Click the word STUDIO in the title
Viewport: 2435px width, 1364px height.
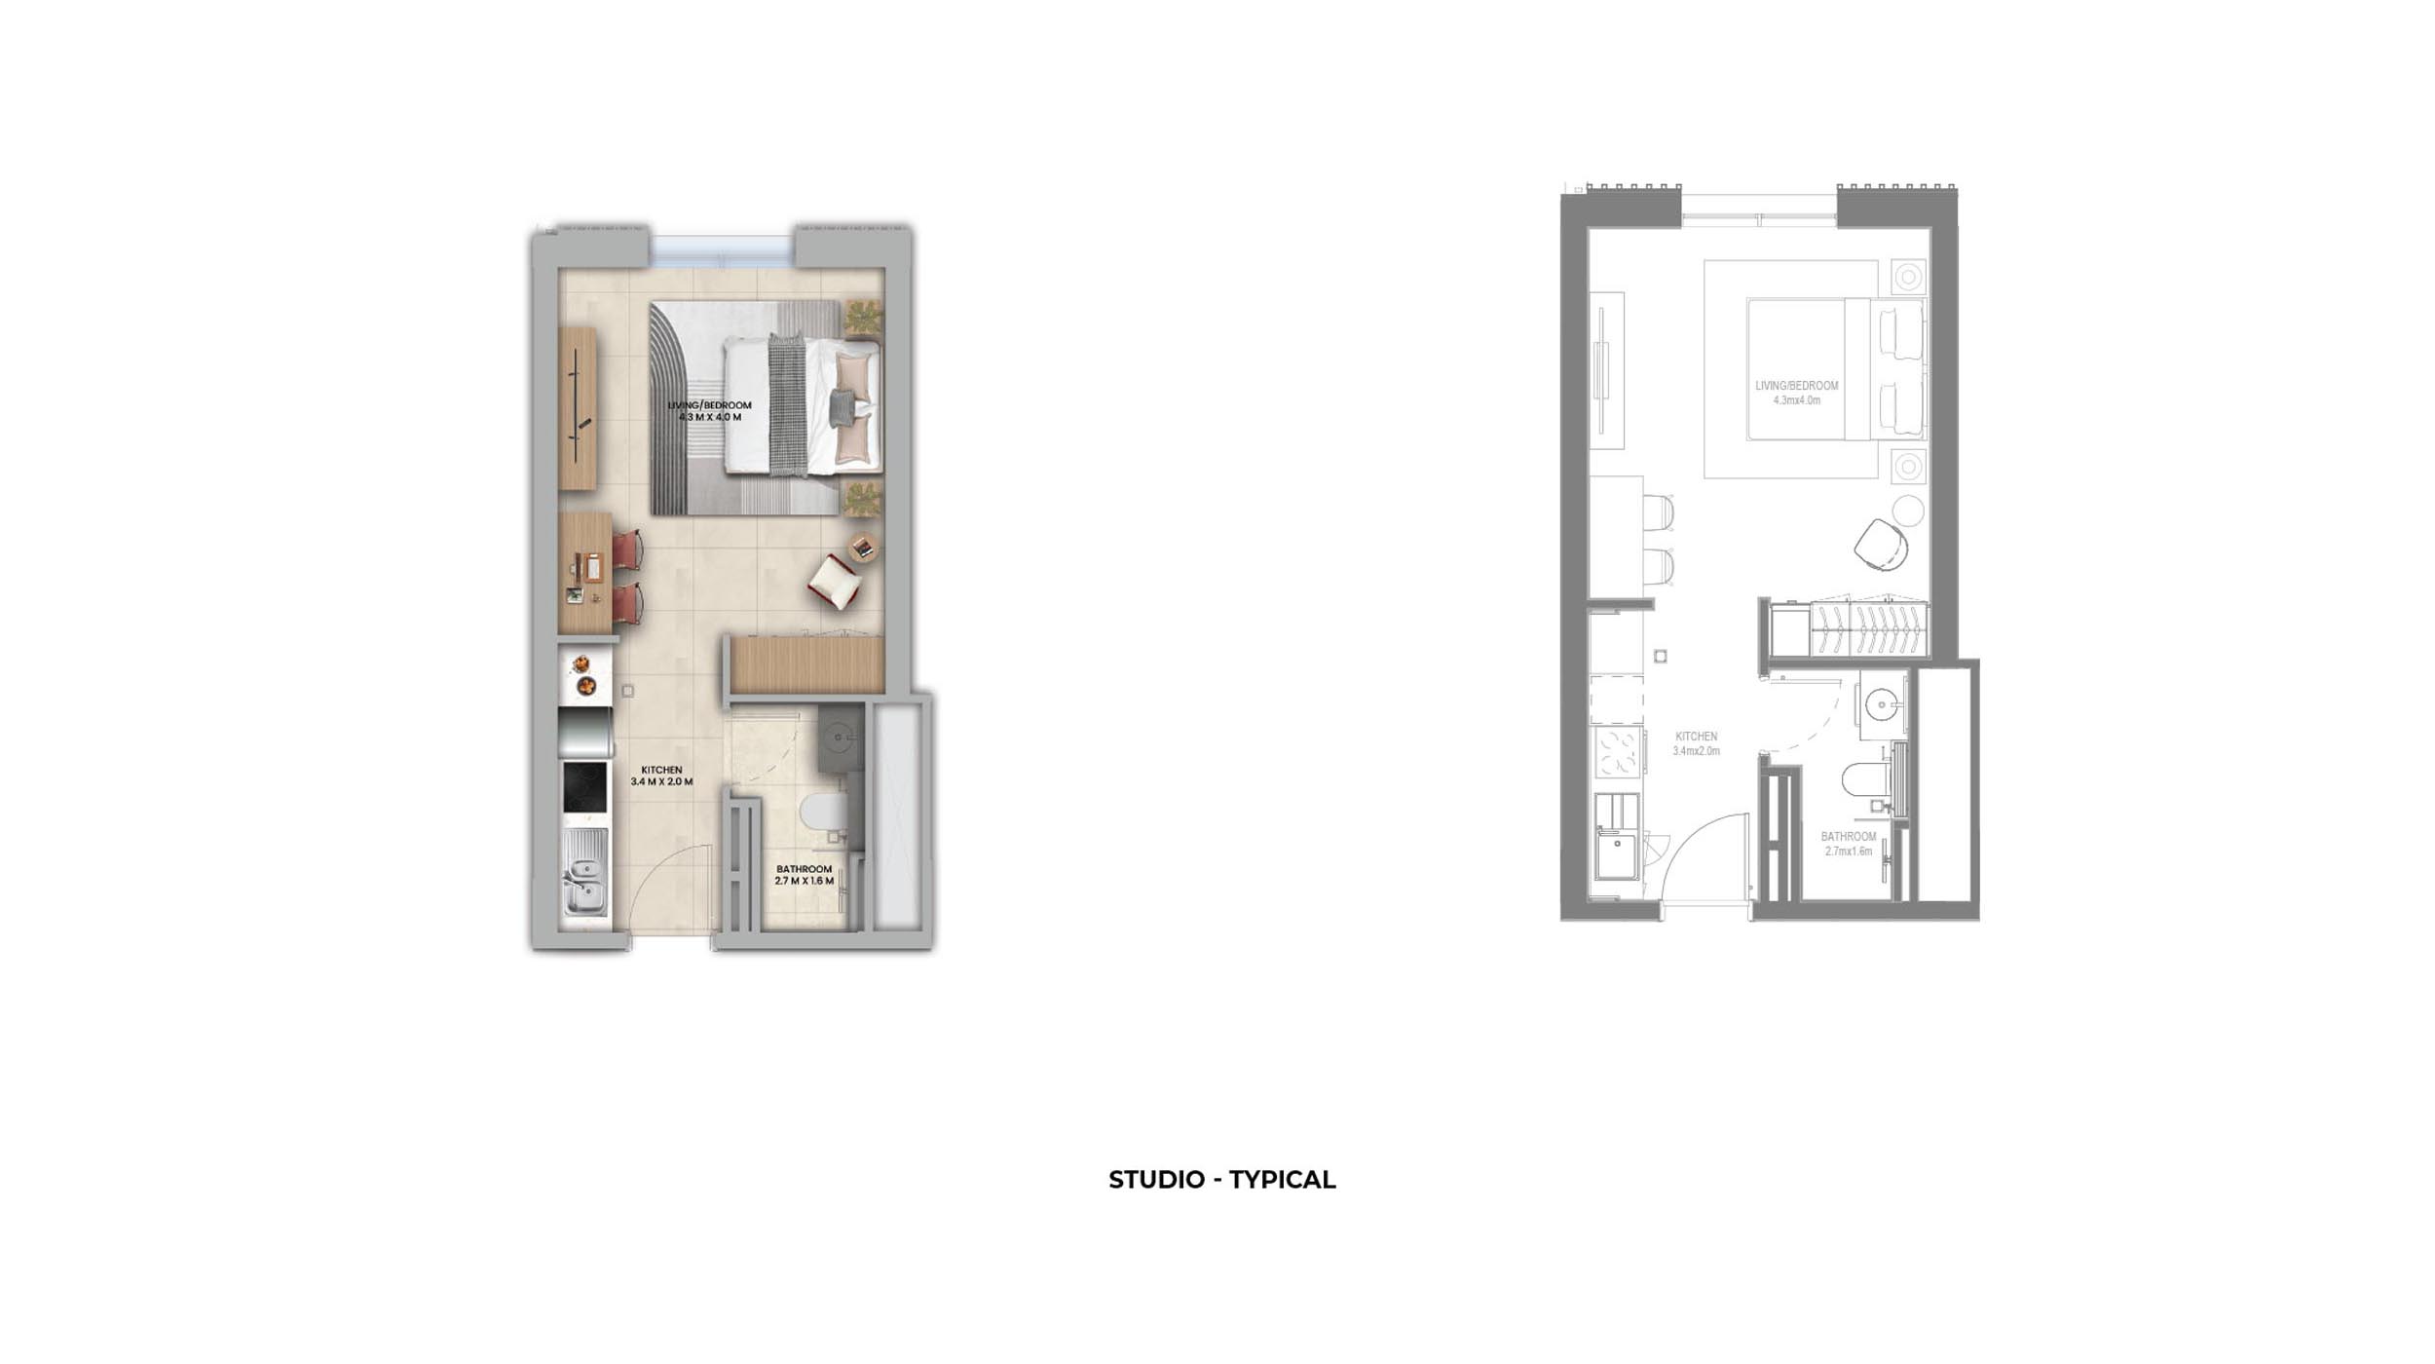click(x=1156, y=1180)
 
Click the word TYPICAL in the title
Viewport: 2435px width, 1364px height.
click(x=1282, y=1180)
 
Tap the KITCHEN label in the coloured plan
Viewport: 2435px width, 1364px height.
click(x=661, y=770)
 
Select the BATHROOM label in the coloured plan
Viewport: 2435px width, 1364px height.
click(x=804, y=869)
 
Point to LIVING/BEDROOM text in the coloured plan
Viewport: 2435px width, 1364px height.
click(x=709, y=405)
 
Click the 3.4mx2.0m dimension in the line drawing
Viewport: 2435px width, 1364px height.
click(x=1697, y=751)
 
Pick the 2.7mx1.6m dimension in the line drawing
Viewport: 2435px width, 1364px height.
click(x=1849, y=852)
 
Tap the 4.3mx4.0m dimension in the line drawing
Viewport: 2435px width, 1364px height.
click(x=1797, y=400)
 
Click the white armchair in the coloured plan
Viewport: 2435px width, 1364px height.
click(x=835, y=581)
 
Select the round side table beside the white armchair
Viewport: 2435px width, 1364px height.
click(x=862, y=547)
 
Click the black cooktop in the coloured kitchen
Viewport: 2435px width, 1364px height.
click(x=584, y=786)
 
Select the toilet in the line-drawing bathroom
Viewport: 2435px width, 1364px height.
click(x=1864, y=779)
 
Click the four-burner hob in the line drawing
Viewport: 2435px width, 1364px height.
click(x=1617, y=752)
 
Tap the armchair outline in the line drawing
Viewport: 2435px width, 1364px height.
click(x=1880, y=545)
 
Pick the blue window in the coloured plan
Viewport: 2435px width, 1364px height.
click(x=721, y=249)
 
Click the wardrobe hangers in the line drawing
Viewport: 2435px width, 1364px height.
click(x=1868, y=630)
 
